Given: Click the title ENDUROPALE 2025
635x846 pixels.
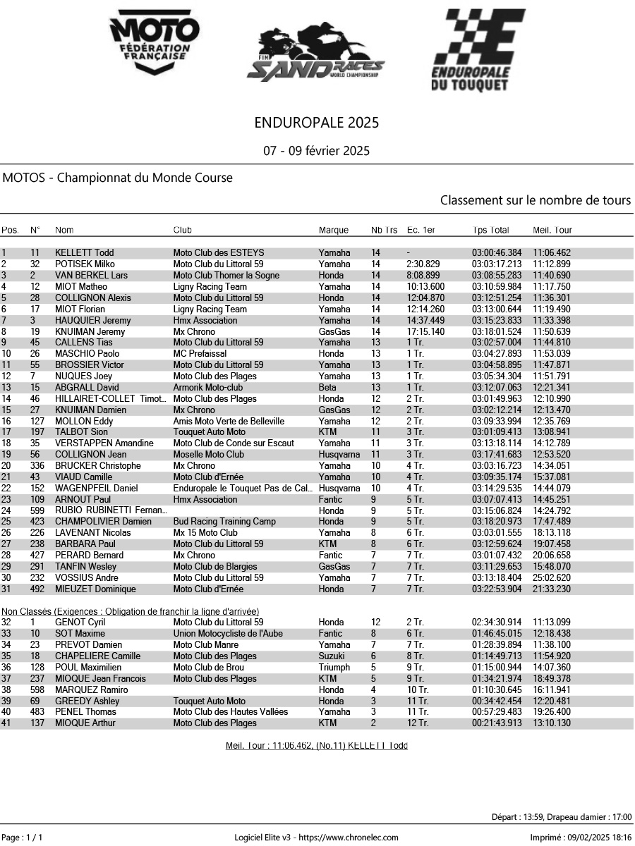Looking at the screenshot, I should coord(317,123).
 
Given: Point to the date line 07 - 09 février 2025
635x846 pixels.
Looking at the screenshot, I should coord(317,151).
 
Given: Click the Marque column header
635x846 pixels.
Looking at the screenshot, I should coord(334,230).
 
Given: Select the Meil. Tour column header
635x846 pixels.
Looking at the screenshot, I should coord(552,230).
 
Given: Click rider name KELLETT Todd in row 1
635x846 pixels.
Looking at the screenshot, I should coord(84,253).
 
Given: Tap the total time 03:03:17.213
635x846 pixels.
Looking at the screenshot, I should coord(497,264).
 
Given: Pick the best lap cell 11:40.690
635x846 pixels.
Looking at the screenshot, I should coord(552,276).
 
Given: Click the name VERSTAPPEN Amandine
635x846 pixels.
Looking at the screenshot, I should coord(104,443).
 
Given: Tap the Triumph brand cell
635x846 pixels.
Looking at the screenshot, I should coord(334,668).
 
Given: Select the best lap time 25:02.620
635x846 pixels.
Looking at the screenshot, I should coord(552,578).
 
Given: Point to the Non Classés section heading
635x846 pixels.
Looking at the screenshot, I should coord(130,611).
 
